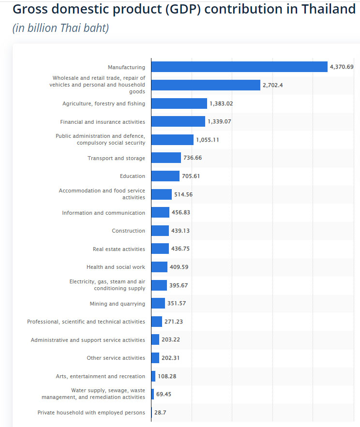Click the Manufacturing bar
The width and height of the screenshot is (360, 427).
[240, 67]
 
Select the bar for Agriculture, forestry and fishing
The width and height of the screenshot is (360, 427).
[180, 103]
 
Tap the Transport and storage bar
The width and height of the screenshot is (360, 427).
[166, 158]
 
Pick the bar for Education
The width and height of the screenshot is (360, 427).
[165, 176]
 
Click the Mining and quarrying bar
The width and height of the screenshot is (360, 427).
[158, 303]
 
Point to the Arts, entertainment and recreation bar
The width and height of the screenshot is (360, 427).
[153, 376]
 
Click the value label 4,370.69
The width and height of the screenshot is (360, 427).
[342, 67]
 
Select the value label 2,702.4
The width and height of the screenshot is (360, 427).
[273, 85]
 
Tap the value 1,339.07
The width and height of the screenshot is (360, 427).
[219, 121]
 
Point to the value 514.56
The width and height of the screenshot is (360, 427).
[183, 194]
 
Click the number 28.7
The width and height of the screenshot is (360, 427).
[160, 412]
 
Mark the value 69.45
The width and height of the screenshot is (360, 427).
[164, 394]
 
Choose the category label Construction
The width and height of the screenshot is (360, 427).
[129, 231]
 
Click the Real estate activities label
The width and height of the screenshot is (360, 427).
[119, 249]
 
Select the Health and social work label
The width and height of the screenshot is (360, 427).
[116, 267]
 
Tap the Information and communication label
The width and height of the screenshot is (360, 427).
[104, 213]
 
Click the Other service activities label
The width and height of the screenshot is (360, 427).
[116, 358]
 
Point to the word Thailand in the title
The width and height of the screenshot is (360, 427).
[329, 9]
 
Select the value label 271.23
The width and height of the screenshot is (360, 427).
[174, 322]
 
